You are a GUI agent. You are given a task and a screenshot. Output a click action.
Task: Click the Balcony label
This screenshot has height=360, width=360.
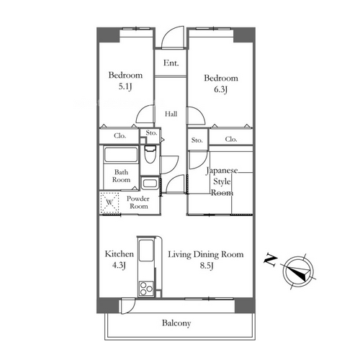176,323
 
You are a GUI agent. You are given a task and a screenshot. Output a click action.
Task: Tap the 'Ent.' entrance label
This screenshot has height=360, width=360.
171,63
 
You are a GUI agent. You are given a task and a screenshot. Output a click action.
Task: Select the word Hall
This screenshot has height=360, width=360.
171,114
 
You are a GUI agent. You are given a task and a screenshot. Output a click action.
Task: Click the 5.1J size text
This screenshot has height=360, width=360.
125,86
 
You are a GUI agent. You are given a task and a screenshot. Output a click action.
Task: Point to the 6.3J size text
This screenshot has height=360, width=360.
220,89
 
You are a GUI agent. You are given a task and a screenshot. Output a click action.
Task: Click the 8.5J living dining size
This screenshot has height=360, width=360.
207,266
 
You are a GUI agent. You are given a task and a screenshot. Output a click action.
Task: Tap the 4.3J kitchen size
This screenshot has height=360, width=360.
119,265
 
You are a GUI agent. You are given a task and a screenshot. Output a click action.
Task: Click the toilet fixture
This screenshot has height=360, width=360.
150,154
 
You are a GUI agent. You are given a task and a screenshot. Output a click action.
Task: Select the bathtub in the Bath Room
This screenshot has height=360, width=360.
121,155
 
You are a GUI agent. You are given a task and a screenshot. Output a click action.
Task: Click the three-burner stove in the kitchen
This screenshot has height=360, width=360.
146,289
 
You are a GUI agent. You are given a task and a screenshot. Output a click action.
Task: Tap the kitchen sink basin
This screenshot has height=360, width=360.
146,250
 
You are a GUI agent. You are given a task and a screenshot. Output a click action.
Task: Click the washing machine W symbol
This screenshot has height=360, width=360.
109,202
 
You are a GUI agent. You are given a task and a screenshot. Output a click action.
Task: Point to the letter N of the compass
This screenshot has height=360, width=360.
271,260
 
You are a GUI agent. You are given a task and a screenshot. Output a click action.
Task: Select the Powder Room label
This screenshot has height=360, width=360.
138,202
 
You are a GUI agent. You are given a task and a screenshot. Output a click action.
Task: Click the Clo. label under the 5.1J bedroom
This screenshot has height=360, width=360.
120,136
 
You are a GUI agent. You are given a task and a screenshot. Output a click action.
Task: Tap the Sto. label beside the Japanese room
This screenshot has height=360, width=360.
197,140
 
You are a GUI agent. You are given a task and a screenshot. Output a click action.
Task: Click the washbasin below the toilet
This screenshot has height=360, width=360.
150,184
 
